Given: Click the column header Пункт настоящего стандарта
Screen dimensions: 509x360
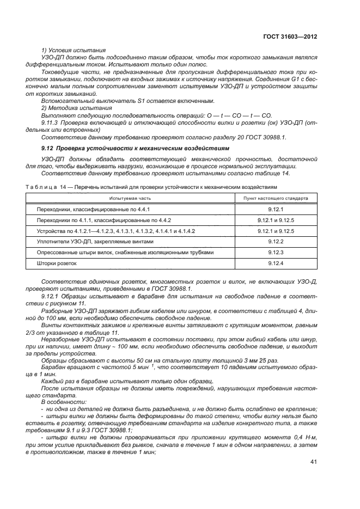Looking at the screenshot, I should tap(276, 198).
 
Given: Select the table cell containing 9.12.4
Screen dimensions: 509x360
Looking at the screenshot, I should tap(276, 263).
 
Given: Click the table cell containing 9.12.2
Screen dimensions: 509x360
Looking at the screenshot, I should tap(276, 241).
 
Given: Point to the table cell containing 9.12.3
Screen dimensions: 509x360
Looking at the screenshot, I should tap(276, 252).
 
